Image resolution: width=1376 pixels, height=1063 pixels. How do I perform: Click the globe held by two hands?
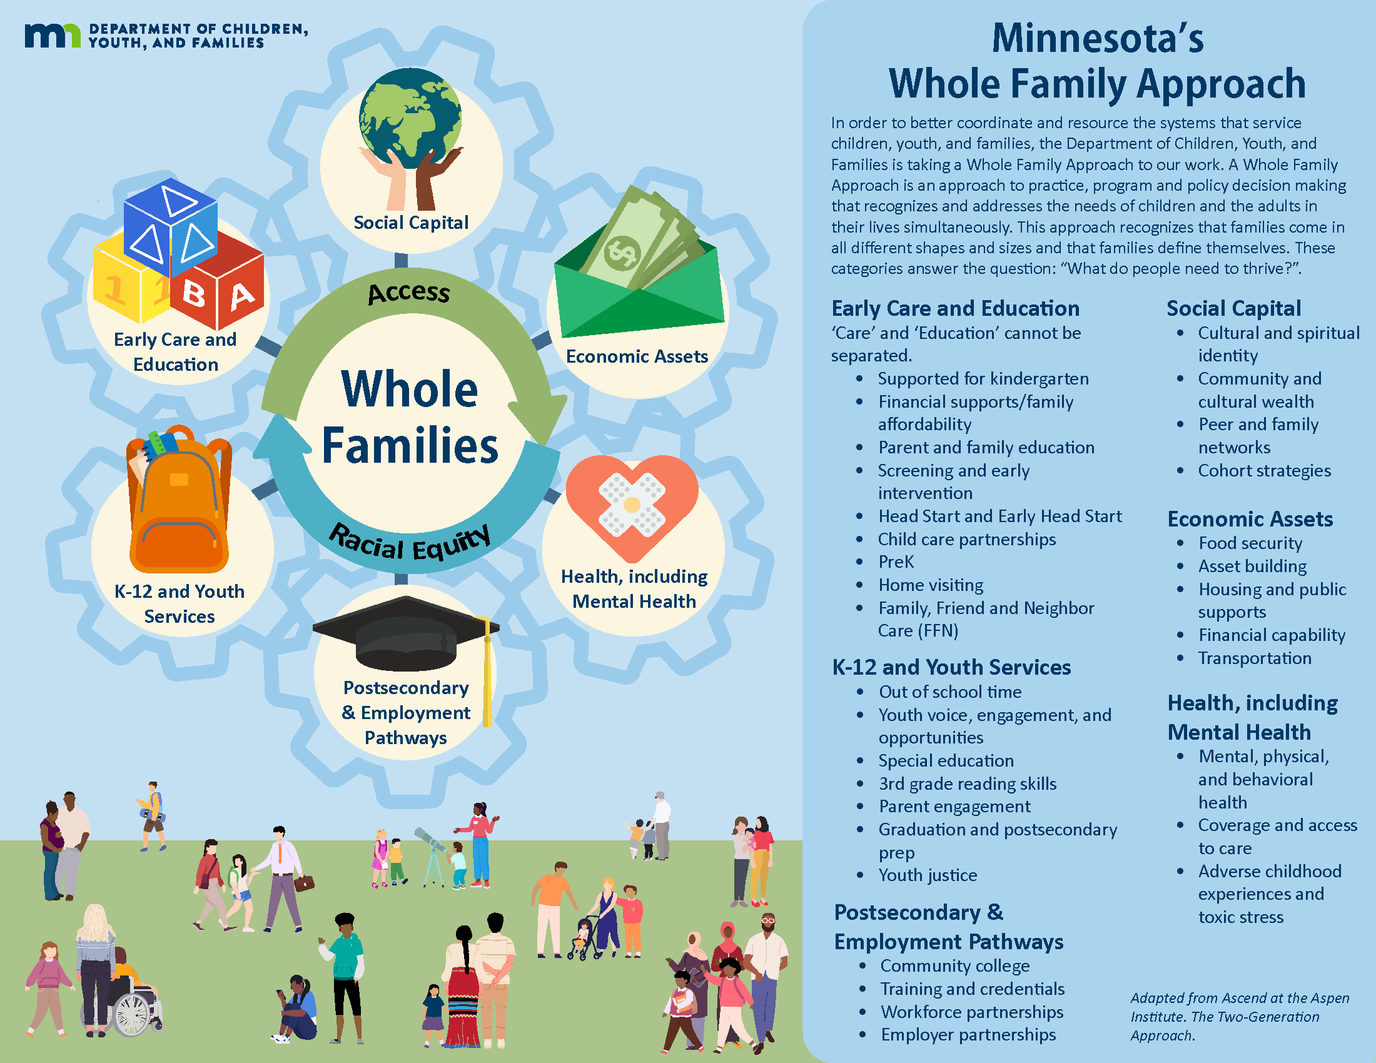pos(410,118)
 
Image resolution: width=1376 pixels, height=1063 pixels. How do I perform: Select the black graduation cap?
pos(407,636)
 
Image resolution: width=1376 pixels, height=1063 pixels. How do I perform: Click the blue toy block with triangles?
pos(171,228)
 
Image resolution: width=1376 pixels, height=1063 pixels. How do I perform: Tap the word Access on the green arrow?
pos(409,293)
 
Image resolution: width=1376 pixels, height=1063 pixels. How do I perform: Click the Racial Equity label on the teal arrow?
pos(410,543)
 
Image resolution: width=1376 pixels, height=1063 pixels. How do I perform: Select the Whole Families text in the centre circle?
pos(410,417)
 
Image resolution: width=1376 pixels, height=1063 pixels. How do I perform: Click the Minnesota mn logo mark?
pos(53,36)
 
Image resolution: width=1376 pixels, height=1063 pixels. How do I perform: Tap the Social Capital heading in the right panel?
pos(1233,308)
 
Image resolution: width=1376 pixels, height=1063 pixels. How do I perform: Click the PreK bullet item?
pos(896,562)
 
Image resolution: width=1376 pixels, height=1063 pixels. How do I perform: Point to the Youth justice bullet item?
pos(928,875)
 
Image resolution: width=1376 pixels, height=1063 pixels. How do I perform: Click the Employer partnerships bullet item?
pos(968,1035)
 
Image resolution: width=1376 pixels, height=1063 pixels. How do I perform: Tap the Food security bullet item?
pos(1250,543)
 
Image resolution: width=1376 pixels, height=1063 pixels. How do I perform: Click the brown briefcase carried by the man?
pos(305,883)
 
